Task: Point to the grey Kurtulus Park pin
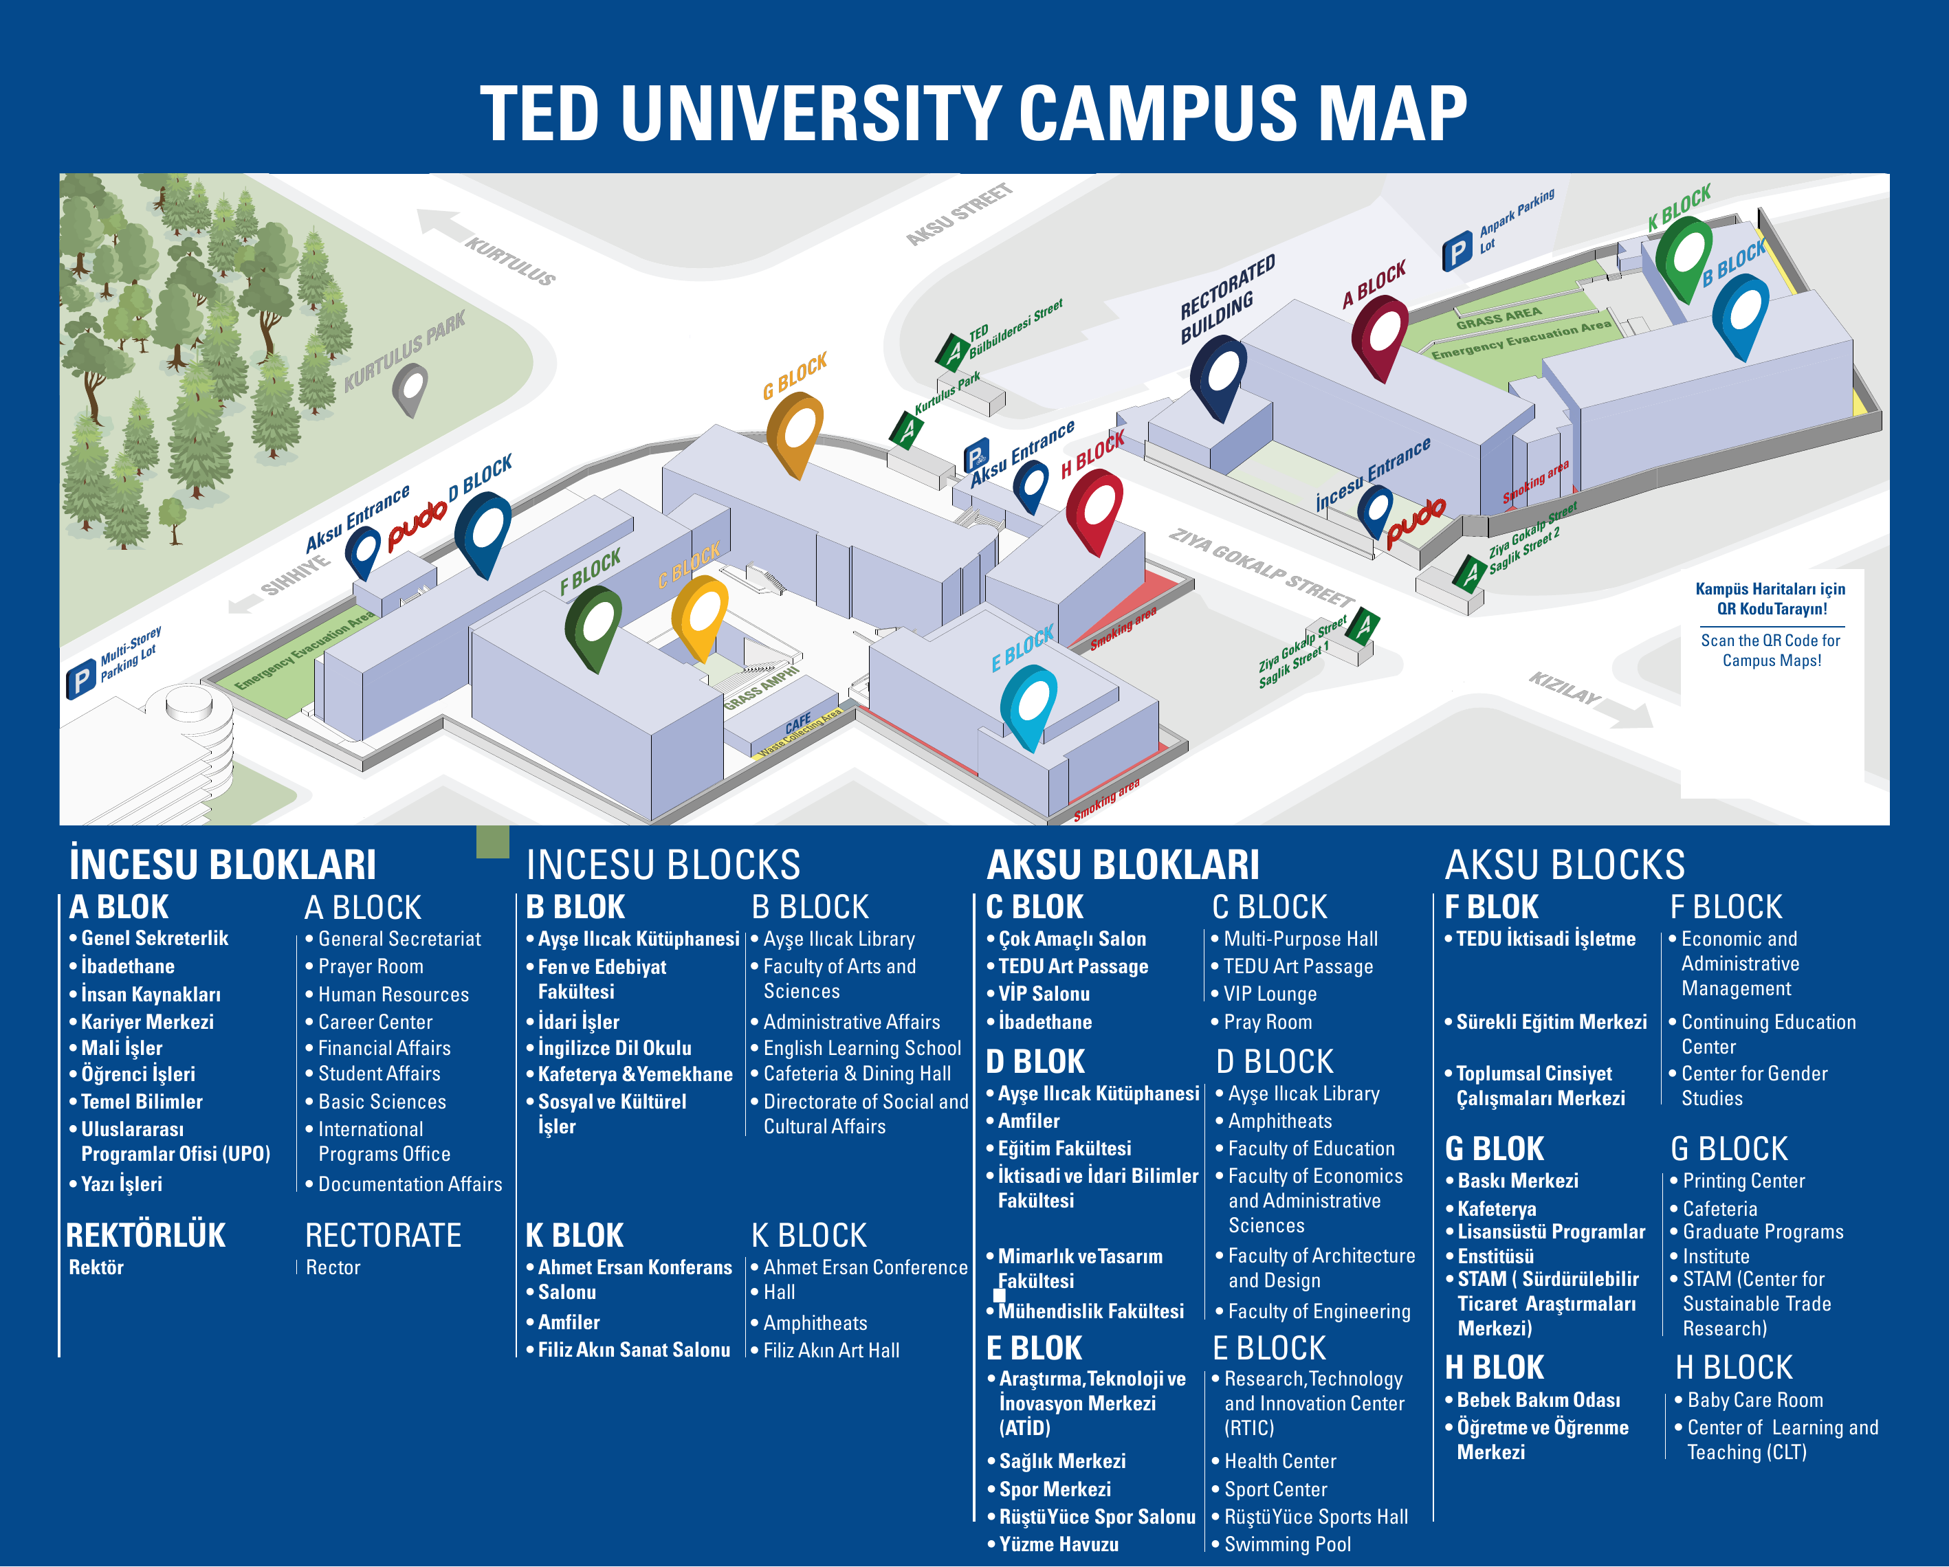pos(410,388)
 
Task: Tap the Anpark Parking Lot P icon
pos(1456,252)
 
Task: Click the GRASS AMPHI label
pos(761,687)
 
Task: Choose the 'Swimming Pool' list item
pos(1287,1544)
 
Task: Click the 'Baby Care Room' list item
pos(1754,1400)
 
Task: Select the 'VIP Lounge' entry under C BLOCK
pos(1269,994)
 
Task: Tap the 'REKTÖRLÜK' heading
pos(146,1235)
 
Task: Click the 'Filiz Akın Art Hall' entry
pos(830,1350)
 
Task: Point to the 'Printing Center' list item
pos(1743,1181)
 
